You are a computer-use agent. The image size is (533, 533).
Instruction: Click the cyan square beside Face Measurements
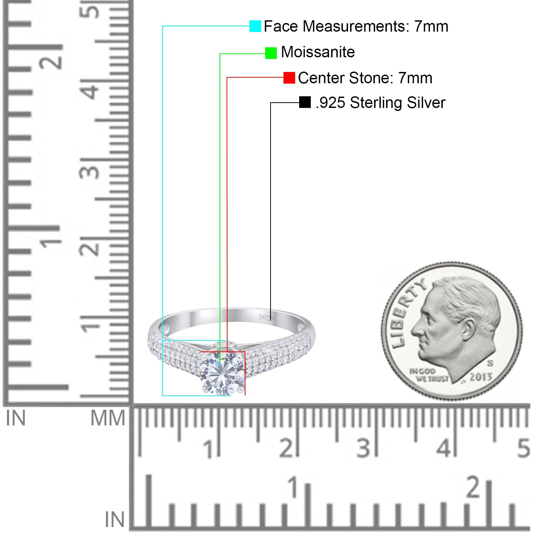click(255, 26)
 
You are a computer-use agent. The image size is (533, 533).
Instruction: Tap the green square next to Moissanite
click(271, 53)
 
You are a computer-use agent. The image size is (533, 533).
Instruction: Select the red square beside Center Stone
click(289, 78)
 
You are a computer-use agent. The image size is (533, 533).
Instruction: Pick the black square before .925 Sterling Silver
click(305, 102)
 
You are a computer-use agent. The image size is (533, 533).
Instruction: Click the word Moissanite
click(318, 52)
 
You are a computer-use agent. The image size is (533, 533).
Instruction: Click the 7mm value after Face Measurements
click(431, 26)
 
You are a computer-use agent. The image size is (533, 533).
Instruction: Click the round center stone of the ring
click(222, 374)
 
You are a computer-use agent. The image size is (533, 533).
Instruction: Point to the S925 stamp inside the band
click(266, 318)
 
